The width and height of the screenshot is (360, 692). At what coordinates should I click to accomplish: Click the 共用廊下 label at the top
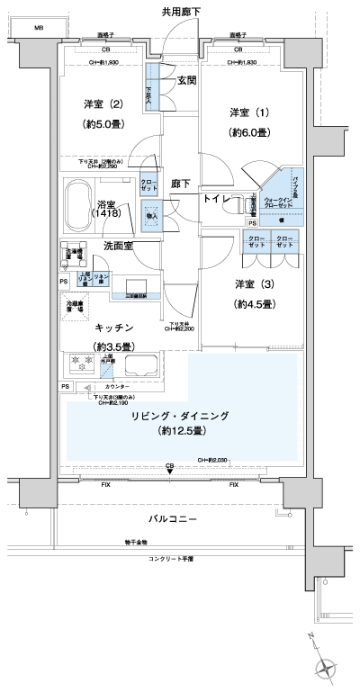click(180, 12)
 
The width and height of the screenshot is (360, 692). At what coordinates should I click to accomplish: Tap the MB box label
click(39, 29)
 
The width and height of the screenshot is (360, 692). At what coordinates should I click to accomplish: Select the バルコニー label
click(176, 520)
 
